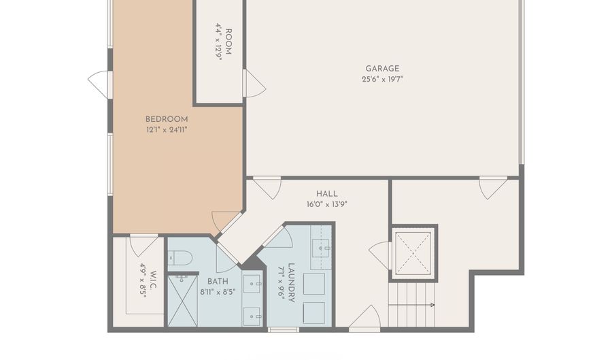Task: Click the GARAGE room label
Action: click(382, 69)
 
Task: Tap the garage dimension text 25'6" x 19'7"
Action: click(382, 79)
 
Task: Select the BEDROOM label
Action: click(167, 120)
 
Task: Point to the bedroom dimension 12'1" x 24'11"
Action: click(167, 130)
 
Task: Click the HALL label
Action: click(327, 194)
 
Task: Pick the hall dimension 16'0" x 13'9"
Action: click(327, 204)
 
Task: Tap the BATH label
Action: click(218, 282)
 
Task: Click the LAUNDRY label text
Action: click(291, 283)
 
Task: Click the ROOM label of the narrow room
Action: click(228, 42)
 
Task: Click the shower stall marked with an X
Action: click(183, 301)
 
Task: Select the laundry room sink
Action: click(321, 248)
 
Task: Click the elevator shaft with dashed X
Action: click(413, 252)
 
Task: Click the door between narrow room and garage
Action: click(254, 83)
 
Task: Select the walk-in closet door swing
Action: click(143, 245)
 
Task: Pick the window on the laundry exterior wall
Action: click(284, 330)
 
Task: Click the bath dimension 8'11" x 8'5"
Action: click(218, 292)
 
